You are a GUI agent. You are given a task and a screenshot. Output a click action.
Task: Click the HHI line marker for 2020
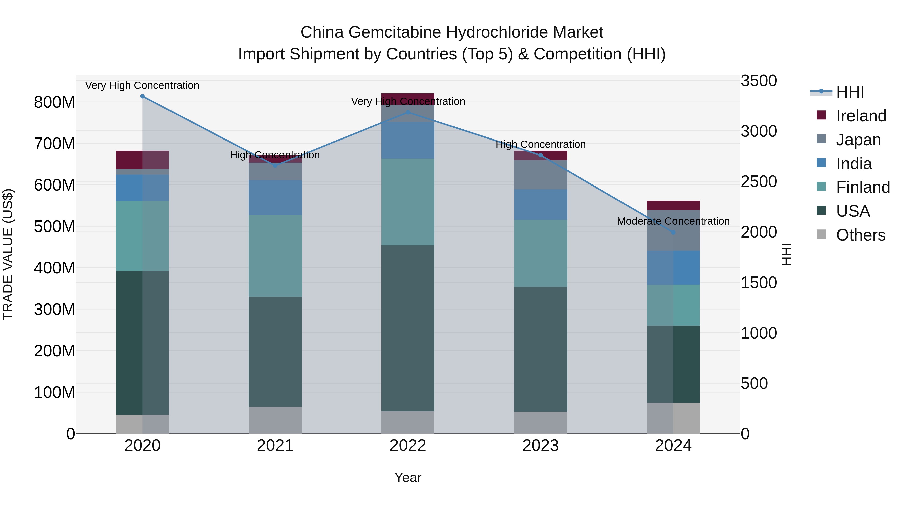tap(142, 96)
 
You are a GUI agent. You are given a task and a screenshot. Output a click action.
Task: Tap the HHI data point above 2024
tap(673, 233)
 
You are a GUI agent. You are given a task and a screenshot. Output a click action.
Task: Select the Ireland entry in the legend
tap(861, 116)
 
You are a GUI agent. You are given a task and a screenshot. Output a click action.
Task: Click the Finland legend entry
tap(863, 187)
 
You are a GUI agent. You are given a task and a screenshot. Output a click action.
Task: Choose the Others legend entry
tap(861, 235)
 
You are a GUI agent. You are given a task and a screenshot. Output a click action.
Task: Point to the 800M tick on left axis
tap(54, 103)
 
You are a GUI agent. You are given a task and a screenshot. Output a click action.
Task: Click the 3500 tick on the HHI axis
tap(758, 81)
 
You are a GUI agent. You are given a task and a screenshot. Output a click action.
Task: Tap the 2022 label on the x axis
tap(408, 446)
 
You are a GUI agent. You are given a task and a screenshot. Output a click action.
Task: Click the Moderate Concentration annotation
tap(673, 221)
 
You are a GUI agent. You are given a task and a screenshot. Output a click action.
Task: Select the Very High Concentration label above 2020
tap(142, 86)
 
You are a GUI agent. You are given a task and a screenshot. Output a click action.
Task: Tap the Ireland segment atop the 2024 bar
tap(673, 205)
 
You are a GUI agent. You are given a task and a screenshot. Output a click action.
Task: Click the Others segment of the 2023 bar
tap(540, 423)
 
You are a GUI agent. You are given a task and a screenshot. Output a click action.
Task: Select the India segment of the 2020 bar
tap(142, 188)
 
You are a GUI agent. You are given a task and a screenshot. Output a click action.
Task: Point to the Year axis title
tap(408, 477)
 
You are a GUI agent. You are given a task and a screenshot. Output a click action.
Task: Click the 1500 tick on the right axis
tap(758, 283)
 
